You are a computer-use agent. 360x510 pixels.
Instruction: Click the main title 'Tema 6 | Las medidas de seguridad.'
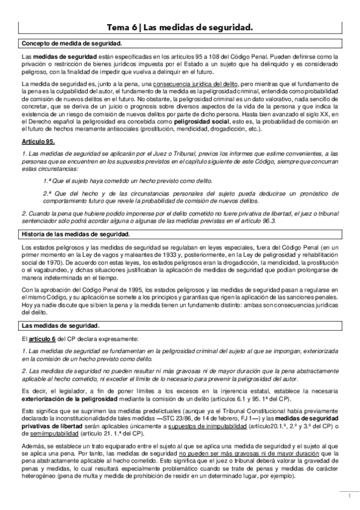tap(180, 28)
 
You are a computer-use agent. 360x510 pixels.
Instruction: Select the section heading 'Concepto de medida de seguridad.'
tap(72, 44)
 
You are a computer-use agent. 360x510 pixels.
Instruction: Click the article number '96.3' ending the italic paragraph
tap(267, 221)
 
